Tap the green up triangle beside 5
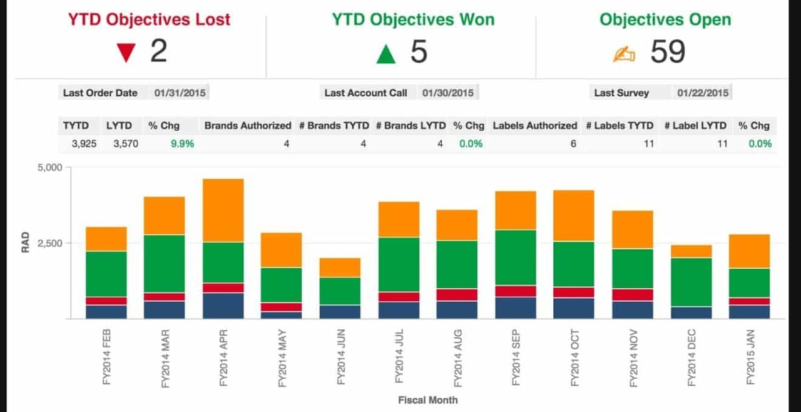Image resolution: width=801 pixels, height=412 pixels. point(386,54)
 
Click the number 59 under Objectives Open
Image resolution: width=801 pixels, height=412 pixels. point(668,51)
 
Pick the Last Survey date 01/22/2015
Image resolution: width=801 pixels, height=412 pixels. point(703,93)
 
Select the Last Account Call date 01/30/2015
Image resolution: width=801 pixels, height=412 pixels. point(447,93)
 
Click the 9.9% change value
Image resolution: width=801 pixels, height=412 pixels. point(182,143)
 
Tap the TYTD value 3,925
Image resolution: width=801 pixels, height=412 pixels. point(84,143)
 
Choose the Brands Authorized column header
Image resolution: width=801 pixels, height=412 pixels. point(248,125)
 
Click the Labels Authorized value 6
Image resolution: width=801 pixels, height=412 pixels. point(573,143)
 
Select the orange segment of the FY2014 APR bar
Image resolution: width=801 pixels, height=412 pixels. point(223,210)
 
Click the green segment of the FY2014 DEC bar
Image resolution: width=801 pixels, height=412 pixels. point(691,282)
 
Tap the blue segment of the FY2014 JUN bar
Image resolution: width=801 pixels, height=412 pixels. point(340,311)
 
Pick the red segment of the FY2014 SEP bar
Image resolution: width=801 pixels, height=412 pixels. point(516,291)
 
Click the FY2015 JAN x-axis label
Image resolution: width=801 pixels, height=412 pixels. point(750,357)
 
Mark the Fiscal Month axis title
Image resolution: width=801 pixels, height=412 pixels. point(427,399)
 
